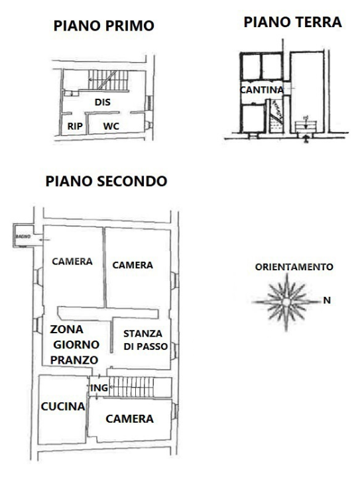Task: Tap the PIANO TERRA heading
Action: click(292, 23)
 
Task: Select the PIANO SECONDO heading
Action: click(105, 181)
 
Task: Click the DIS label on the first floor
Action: click(102, 103)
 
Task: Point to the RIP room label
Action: click(74, 125)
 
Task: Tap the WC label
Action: click(111, 125)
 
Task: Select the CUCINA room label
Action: click(62, 407)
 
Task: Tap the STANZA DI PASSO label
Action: click(143, 339)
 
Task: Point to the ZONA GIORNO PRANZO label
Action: click(74, 344)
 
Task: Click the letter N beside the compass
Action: click(327, 300)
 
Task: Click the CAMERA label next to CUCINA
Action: click(130, 419)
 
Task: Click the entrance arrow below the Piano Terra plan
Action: click(305, 138)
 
